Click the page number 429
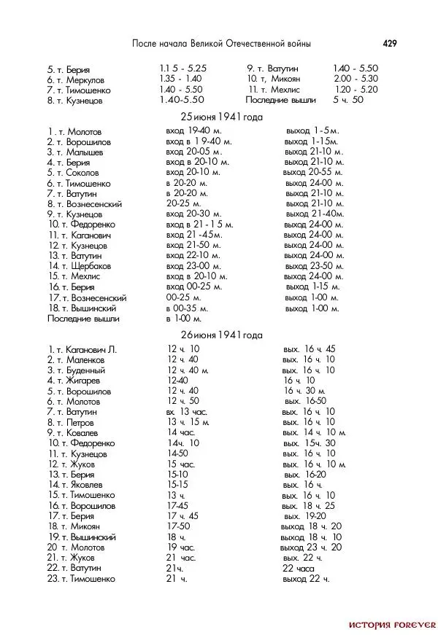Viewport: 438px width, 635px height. click(389, 44)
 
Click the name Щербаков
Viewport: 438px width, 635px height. click(90, 266)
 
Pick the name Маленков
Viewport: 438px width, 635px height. click(88, 359)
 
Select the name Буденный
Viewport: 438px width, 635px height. click(86, 370)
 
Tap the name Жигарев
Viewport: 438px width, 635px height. click(82, 381)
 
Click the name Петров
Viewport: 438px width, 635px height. click(80, 422)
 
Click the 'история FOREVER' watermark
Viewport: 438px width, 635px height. click(392, 625)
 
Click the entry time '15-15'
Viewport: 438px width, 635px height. click(178, 484)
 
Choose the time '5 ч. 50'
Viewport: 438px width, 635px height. click(348, 99)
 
